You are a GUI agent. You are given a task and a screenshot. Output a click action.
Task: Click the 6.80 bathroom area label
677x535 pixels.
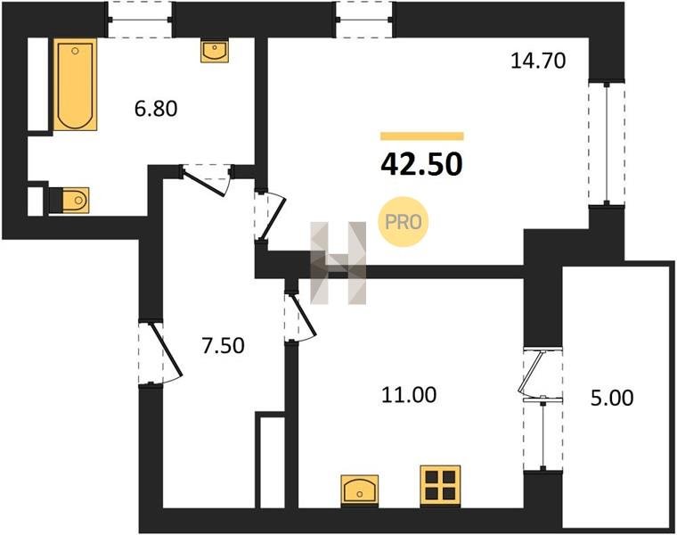[156, 109]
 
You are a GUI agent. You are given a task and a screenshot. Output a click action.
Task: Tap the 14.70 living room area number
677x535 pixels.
[538, 61]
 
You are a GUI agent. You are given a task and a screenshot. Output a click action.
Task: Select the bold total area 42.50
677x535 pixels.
[422, 165]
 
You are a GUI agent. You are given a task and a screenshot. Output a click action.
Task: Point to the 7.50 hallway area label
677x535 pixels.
[224, 346]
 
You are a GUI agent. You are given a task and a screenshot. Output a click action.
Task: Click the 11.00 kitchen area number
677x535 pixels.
[409, 395]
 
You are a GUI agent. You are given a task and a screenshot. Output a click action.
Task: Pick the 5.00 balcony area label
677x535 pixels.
[612, 398]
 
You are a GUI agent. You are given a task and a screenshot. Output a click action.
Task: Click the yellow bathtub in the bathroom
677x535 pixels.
[75, 85]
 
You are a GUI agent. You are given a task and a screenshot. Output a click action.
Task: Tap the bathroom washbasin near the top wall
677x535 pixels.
[215, 52]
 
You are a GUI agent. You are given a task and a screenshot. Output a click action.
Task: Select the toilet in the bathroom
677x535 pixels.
[69, 200]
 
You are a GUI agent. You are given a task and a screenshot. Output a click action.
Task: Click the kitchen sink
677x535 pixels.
[360, 490]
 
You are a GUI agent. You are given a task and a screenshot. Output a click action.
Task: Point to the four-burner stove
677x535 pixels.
[440, 485]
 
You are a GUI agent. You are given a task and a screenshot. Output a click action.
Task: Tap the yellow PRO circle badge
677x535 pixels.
[403, 222]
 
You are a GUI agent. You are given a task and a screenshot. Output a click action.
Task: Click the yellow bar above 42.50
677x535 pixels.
[422, 136]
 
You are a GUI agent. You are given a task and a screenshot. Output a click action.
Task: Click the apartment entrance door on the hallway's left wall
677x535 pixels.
[160, 352]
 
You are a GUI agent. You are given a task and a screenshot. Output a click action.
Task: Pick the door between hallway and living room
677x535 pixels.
[270, 215]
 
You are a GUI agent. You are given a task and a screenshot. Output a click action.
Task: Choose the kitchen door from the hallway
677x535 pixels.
[300, 317]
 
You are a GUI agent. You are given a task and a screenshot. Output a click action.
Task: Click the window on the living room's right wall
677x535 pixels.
[607, 143]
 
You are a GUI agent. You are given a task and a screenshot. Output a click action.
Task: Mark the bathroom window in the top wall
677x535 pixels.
[140, 20]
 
